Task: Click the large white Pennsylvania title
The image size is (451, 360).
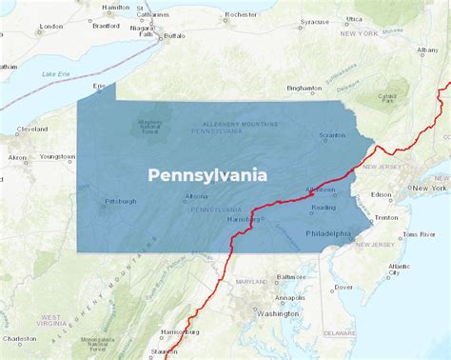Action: pos(206,175)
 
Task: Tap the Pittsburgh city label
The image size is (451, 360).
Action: pos(121,201)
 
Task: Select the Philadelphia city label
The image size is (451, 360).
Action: pos(327,232)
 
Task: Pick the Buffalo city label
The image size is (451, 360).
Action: pos(174,36)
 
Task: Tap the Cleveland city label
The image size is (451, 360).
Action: pos(31,129)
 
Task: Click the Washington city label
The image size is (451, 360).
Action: pos(278,312)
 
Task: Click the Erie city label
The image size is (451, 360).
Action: pos(97,86)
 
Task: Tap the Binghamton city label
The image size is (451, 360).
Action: pos(304,88)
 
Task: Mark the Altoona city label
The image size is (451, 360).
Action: pos(196,196)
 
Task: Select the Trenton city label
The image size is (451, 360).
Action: pos(386,217)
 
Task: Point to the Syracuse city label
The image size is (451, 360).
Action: pos(315,20)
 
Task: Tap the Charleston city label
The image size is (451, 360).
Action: pos(19,338)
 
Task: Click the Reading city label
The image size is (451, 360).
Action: pos(324,207)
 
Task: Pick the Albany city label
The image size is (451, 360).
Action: pos(426,50)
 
